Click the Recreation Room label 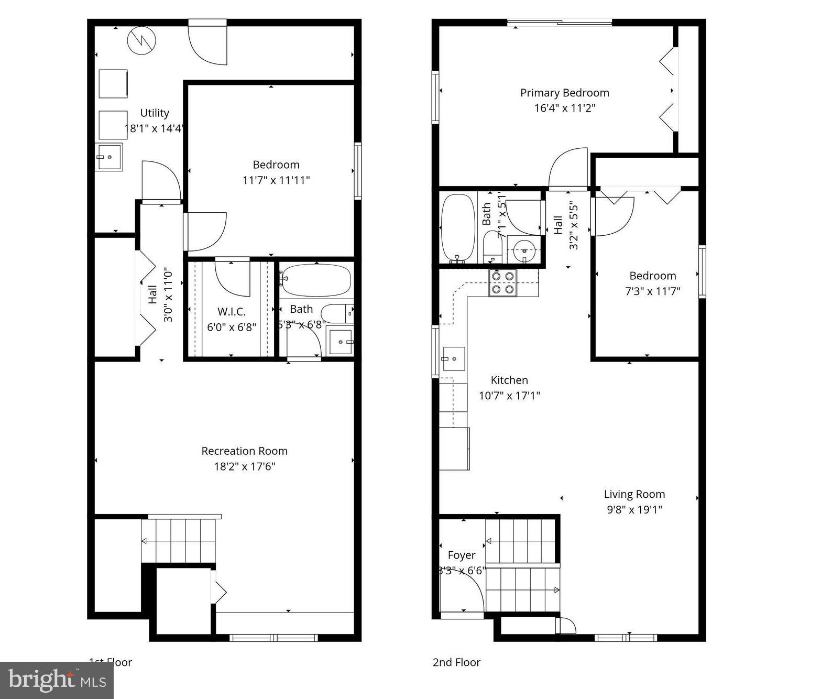point(244,451)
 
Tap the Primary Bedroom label point(564,93)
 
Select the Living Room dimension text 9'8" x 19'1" point(634,509)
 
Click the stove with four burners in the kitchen point(502,282)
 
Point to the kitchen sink point(453,359)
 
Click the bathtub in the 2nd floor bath point(457,228)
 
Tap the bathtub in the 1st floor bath point(315,280)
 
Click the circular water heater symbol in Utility point(141,40)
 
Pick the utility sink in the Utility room point(108,157)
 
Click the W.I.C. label point(231,312)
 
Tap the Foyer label point(462,555)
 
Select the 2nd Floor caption point(456,662)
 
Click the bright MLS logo point(57,680)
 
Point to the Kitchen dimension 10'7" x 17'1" point(509,396)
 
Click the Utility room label point(155,113)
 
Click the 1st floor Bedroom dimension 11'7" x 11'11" point(276,180)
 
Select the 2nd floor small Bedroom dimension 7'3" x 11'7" point(652,291)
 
